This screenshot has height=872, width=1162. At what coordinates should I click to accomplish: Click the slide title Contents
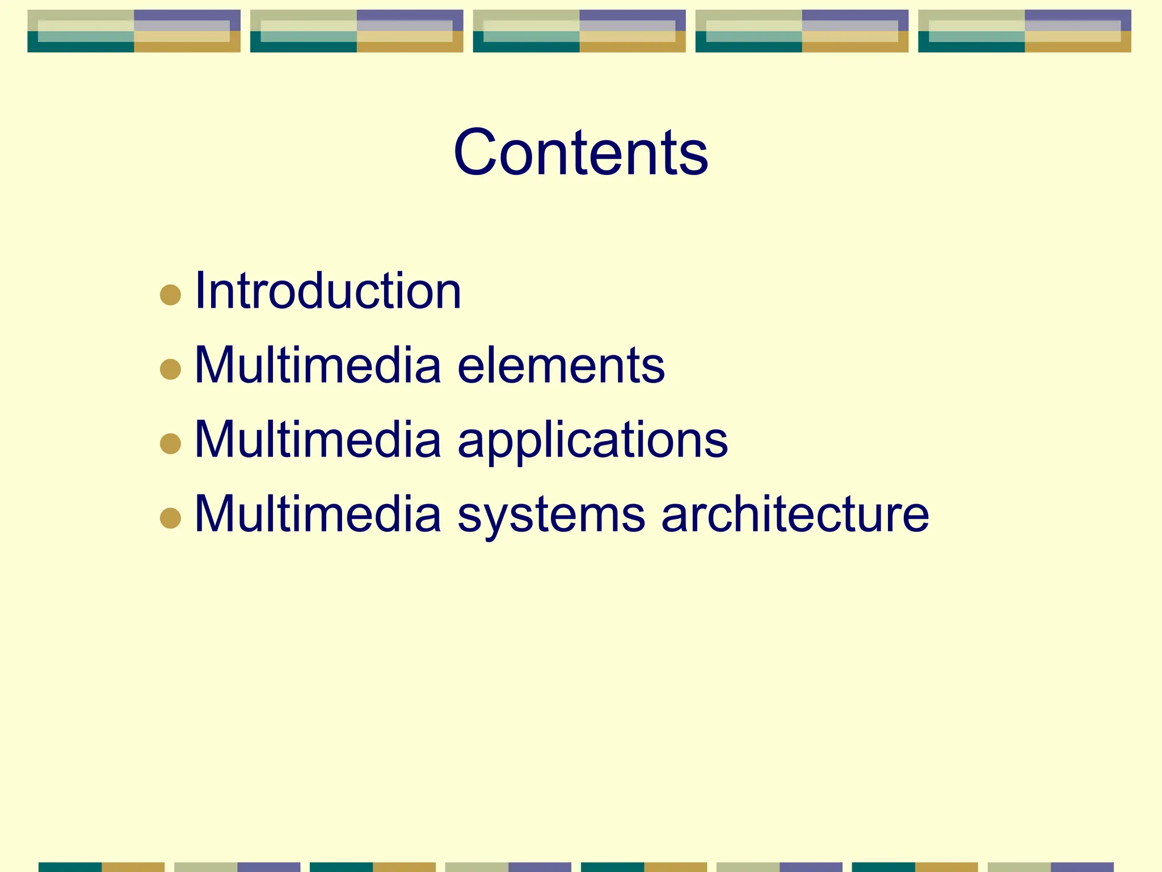point(580,152)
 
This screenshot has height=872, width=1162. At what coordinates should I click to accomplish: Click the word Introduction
point(328,291)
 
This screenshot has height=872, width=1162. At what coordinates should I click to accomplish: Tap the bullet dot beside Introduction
point(170,295)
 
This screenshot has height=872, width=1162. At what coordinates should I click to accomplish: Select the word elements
point(561,366)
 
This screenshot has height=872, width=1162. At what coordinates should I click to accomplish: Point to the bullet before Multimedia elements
point(170,369)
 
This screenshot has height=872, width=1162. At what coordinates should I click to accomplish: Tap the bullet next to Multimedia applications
point(170,443)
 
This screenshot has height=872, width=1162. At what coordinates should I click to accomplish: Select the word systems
point(551,514)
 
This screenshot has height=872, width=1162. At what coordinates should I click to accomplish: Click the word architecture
point(795,514)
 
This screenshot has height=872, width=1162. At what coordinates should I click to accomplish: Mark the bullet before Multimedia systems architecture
point(170,518)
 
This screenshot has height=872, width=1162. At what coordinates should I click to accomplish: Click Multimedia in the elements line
point(318,366)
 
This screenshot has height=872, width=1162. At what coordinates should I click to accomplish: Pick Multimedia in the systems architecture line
point(318,514)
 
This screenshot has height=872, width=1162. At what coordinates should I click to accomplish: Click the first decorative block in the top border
point(134,31)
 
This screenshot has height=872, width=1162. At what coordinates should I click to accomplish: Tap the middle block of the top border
point(579,31)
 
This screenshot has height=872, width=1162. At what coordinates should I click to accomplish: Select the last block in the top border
point(1024,31)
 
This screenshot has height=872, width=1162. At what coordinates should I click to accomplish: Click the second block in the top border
point(356,31)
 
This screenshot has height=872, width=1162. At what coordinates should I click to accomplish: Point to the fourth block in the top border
point(802,31)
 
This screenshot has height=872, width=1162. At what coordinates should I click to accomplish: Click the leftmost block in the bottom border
point(102,867)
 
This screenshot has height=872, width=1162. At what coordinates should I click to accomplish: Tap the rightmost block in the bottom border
point(1050,867)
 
